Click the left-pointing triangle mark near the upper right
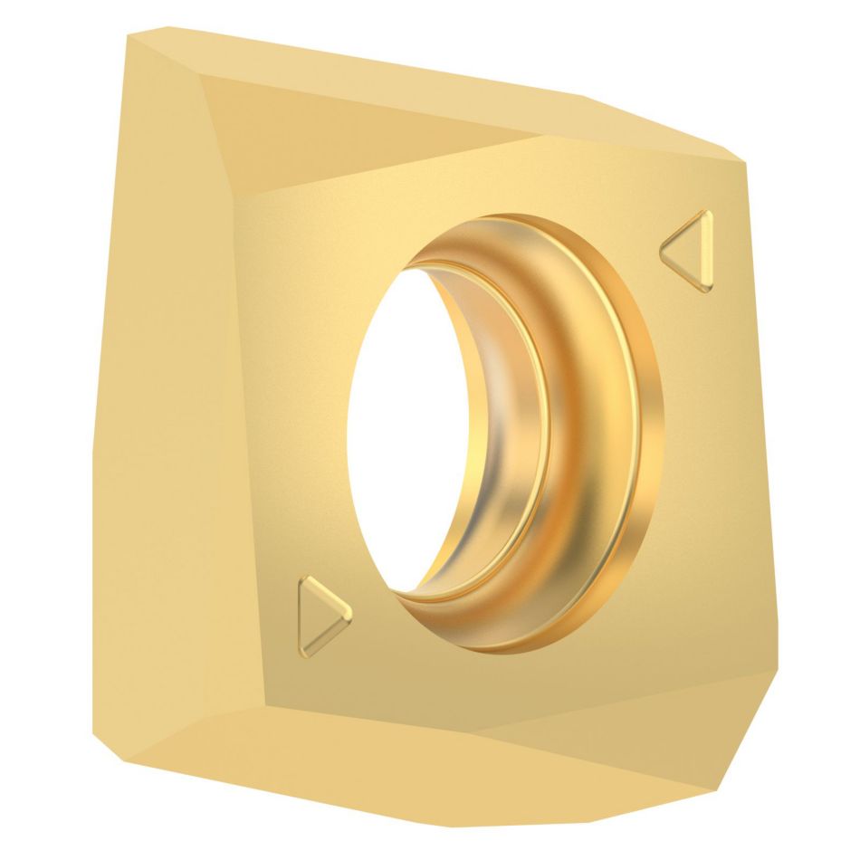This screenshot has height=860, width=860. point(691,250)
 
